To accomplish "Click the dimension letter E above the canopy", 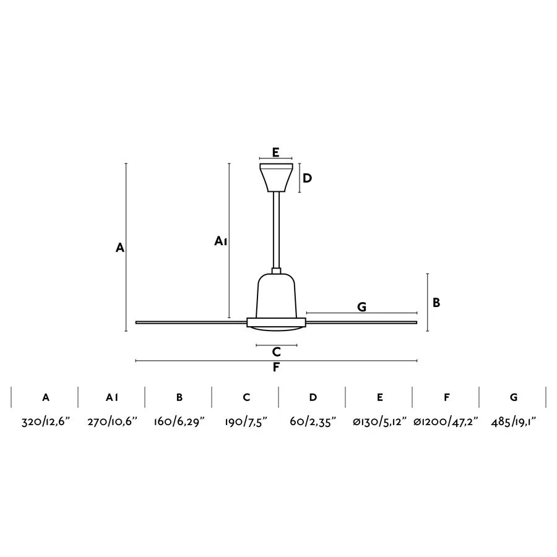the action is pos(275,152).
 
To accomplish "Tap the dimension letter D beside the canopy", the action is pos(307,178).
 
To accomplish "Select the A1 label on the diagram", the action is pos(220,241).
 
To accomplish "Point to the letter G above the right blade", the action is pos(361,306).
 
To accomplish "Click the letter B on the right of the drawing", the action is pos(436,303).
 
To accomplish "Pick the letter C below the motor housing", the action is pos(277,352).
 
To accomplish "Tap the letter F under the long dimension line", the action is pos(276,367).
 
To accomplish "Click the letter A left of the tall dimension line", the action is pos(120,248).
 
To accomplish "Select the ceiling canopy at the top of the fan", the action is pos(276,178).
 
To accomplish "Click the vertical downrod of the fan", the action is pos(276,230).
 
